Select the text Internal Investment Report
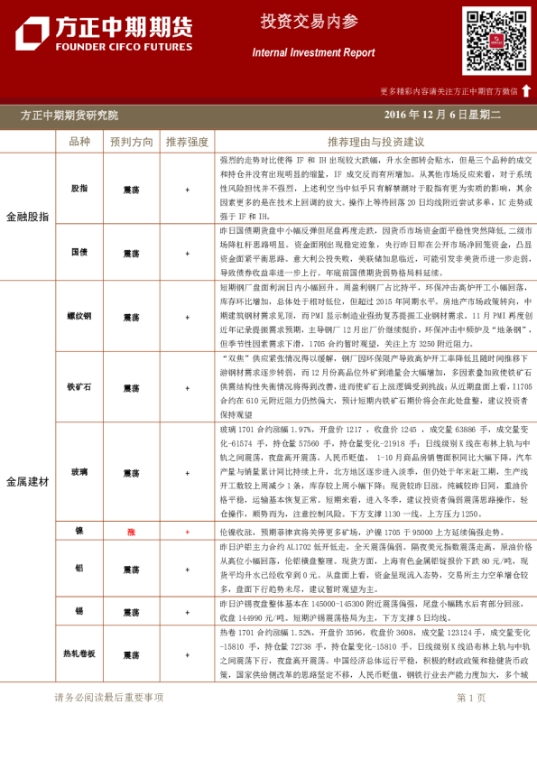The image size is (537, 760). [x=313, y=53]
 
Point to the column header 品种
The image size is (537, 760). [x=79, y=142]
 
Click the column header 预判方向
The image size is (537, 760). [x=132, y=142]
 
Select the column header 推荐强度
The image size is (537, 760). [x=187, y=142]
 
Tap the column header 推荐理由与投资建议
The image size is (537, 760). [x=375, y=142]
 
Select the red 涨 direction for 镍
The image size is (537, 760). [x=131, y=533]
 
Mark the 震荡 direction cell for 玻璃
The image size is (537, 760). [x=131, y=473]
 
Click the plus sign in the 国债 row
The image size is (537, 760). [x=187, y=254]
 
